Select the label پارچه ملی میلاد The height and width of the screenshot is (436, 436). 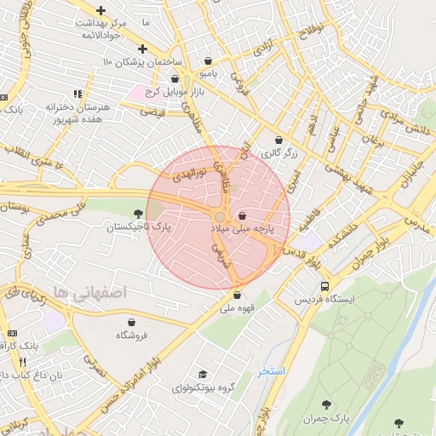click(244, 231)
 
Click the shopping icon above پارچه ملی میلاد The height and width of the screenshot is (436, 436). click(244, 216)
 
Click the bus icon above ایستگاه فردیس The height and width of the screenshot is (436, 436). click(324, 285)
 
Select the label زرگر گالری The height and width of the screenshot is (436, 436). click(278, 154)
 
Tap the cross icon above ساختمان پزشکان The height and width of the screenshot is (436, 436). click(142, 49)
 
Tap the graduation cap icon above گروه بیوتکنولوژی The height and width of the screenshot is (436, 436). click(202, 375)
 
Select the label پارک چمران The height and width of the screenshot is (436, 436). click(327, 419)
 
